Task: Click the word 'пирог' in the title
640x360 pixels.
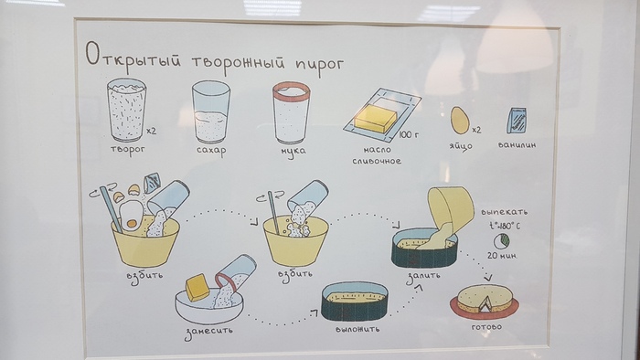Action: (319, 64)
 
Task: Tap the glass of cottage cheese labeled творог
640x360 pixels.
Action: (126, 110)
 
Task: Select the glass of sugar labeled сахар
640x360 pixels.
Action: (211, 111)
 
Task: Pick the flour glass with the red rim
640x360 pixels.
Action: (292, 113)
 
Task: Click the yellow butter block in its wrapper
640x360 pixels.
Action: (376, 118)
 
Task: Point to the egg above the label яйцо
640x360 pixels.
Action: (460, 121)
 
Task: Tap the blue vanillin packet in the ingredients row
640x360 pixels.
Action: (517, 121)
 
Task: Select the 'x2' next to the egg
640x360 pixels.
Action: (476, 130)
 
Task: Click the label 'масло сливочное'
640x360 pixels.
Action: (377, 155)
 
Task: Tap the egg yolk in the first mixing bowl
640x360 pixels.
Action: (132, 224)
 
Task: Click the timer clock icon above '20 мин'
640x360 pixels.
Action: (502, 241)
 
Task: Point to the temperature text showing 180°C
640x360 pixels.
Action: (505, 226)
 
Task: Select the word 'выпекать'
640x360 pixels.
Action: (504, 212)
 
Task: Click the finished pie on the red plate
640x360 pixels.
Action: (485, 300)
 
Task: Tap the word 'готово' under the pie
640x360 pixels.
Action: (486, 327)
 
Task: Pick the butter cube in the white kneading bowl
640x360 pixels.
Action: (197, 287)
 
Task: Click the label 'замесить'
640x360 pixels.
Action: (208, 332)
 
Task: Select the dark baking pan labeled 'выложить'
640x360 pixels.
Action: (355, 301)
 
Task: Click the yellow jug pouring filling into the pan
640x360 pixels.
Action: (450, 208)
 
